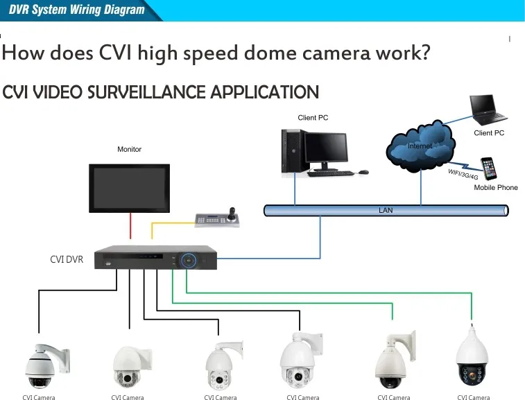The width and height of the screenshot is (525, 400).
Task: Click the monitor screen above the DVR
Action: (130, 188)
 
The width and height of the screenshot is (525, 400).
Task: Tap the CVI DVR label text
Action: (67, 260)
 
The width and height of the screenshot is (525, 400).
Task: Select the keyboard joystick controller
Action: (218, 218)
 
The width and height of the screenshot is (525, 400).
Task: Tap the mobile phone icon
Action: (490, 168)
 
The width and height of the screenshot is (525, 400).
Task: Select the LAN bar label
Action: (386, 209)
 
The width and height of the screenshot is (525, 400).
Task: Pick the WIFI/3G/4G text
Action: (463, 173)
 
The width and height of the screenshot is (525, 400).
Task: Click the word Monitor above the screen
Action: (130, 149)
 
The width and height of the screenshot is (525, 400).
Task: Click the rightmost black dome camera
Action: (475, 360)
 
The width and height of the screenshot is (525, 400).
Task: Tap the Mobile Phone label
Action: (496, 188)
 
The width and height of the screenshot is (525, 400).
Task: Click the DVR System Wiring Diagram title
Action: (77, 10)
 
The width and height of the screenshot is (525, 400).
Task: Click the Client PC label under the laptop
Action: (489, 132)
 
